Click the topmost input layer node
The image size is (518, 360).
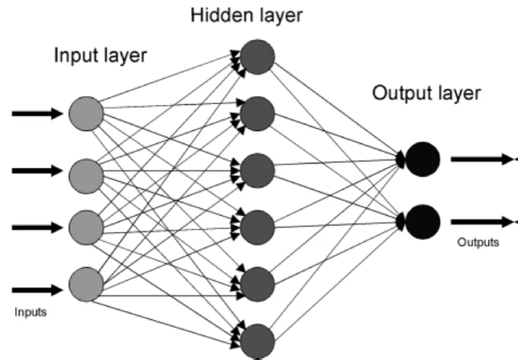(87, 113)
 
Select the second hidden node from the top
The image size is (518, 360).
(257, 113)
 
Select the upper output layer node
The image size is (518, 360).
(423, 159)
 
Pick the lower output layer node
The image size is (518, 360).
(423, 222)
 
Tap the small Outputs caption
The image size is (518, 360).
(477, 242)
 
